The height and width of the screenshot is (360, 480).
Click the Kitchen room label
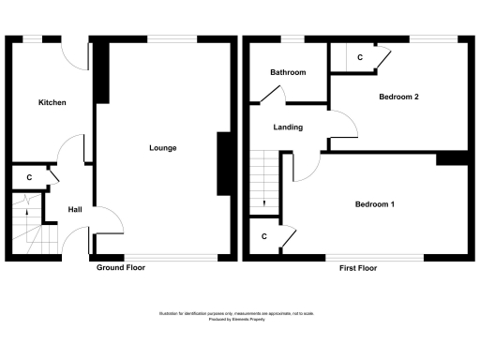[x=52, y=102]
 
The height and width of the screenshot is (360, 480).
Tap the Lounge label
[x=162, y=148]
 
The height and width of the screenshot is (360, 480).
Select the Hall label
[x=75, y=209]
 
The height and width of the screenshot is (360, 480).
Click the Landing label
[x=287, y=127]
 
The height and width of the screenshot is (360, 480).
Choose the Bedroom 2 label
[x=398, y=97]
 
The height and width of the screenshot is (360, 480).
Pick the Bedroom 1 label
[x=374, y=204]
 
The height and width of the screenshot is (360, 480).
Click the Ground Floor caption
[x=121, y=268]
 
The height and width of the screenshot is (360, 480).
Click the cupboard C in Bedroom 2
[x=360, y=58]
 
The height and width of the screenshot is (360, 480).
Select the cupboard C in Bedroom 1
[x=264, y=236]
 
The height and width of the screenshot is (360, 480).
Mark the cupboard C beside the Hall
[x=29, y=177]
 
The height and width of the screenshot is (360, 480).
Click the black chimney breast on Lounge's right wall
[x=224, y=163]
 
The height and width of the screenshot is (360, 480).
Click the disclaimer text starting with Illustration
[x=239, y=314]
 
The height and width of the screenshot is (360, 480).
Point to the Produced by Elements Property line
[x=239, y=320]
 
